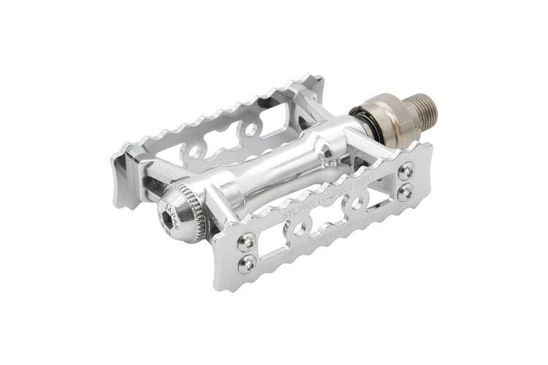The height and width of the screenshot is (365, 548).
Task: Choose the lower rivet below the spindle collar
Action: point(406,192)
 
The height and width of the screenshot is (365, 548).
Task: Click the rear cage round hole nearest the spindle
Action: point(251,130)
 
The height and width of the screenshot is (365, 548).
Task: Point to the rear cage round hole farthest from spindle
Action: point(195,154)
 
